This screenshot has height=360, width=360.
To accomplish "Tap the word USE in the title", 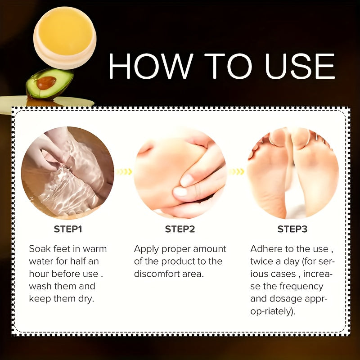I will (300, 67).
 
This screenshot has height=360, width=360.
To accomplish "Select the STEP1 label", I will (68, 229).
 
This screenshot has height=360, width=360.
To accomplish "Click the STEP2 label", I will (180, 229).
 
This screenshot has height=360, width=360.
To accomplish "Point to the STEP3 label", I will (292, 229).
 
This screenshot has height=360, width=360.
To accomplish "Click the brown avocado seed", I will (46, 82).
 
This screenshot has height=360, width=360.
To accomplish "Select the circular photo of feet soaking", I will (67, 173).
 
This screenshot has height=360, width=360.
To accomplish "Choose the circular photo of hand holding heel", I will (180, 173).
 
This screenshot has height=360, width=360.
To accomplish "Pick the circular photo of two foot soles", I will (292, 173).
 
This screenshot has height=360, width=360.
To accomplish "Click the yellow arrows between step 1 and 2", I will (124, 171).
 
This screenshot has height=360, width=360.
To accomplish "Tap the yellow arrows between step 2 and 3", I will (237, 171).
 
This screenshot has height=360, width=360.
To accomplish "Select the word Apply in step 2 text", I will (147, 249).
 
